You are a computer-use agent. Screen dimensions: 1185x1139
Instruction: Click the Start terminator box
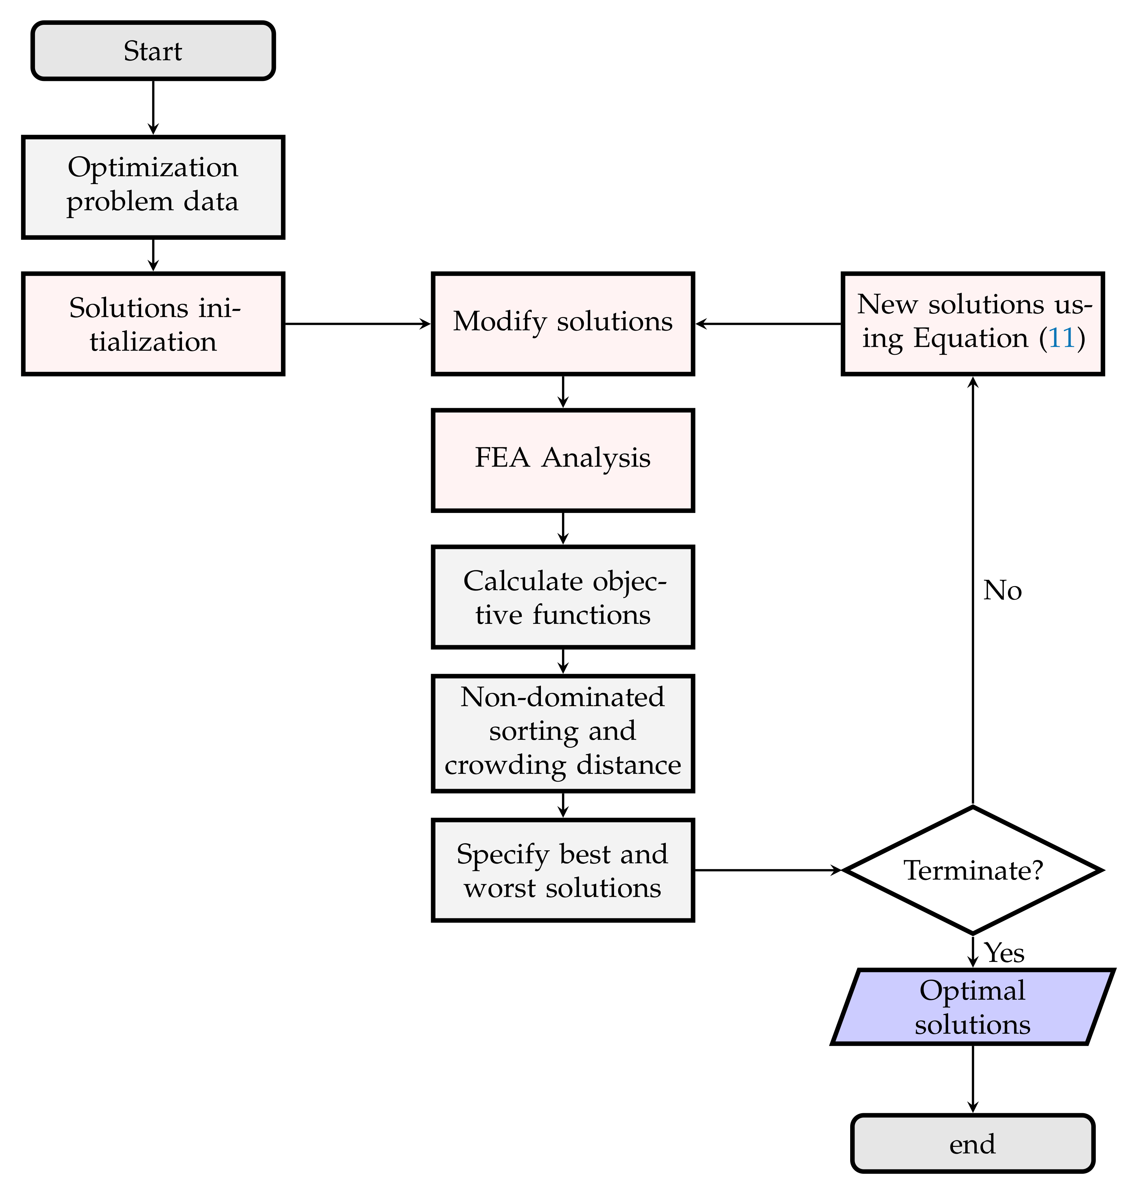tap(153, 51)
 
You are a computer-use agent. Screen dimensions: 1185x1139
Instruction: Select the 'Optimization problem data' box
tap(153, 187)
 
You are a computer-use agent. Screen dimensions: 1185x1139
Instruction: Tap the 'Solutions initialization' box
tap(153, 324)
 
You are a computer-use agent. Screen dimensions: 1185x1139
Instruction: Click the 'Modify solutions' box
tap(563, 324)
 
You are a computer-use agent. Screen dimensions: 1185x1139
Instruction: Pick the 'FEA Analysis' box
tap(563, 460)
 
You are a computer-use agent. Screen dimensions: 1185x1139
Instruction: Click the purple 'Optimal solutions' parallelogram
tap(973, 1007)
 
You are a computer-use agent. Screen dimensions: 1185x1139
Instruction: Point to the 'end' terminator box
tap(973, 1144)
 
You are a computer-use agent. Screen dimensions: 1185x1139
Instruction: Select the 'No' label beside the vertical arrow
tap(1002, 591)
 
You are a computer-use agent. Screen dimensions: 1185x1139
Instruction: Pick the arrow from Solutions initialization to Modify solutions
tap(357, 324)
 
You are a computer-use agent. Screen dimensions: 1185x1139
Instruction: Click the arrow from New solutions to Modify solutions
tap(768, 324)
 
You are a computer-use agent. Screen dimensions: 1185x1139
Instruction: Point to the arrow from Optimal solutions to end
tap(973, 1078)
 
